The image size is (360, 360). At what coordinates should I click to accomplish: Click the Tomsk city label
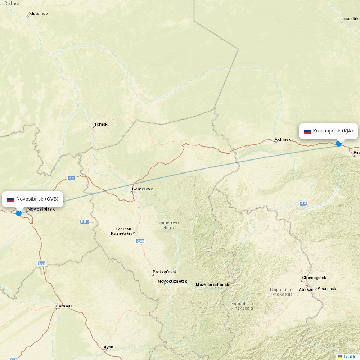[x=100, y=124]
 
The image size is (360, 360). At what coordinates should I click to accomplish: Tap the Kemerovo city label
[x=143, y=189]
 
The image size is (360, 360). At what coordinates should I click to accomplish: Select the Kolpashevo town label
[x=37, y=13]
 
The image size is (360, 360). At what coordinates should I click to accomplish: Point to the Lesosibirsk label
[x=350, y=19]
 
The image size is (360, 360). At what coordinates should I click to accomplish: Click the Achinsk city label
[x=283, y=139]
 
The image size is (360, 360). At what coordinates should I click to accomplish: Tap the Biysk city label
[x=108, y=347]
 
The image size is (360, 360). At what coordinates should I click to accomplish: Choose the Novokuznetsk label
[x=172, y=281]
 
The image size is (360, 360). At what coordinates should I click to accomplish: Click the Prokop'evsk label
[x=165, y=272]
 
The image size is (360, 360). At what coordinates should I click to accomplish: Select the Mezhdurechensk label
[x=212, y=285]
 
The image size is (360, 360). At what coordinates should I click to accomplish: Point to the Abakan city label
[x=306, y=289]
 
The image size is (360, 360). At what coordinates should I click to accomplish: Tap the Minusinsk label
[x=327, y=289]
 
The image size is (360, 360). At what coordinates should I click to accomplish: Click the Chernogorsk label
[x=314, y=278]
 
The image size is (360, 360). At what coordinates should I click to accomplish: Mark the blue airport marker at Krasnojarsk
[x=339, y=144]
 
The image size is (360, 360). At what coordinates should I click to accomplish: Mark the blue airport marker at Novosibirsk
[x=19, y=213]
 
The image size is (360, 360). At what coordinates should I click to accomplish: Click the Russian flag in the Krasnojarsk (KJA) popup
[x=307, y=131]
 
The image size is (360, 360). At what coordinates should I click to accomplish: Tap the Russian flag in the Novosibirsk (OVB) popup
[x=10, y=199]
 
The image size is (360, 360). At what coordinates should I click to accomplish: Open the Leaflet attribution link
[x=350, y=356]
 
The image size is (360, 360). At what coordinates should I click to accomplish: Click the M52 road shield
[x=42, y=264]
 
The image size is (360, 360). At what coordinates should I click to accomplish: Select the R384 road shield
[x=84, y=222]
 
